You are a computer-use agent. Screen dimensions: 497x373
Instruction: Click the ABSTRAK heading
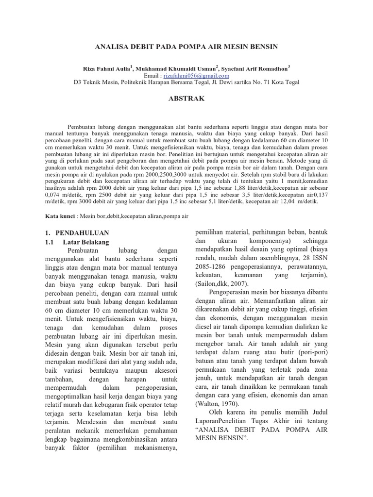point(186,98)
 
